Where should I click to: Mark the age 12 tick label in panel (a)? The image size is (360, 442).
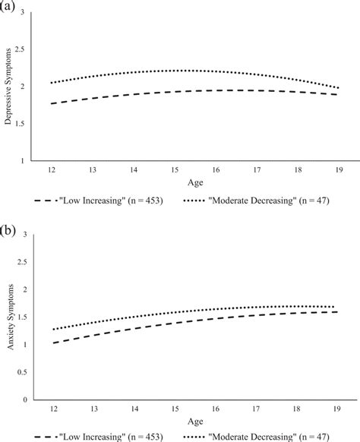[x=52, y=171]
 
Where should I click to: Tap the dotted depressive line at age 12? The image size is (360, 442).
[x=52, y=83]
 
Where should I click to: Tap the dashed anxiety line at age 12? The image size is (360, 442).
[x=52, y=343]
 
